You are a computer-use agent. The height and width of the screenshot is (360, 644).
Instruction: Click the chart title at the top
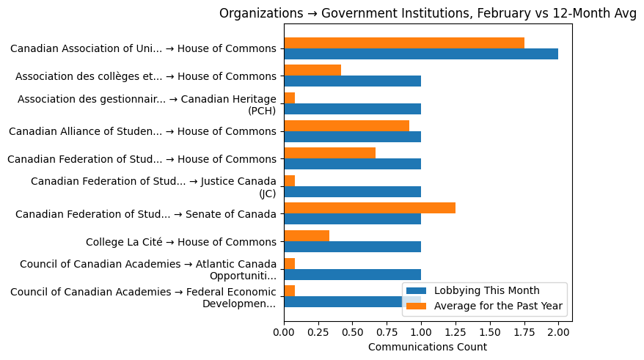(x=428, y=13)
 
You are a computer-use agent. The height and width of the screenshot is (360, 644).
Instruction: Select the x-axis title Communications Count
(x=427, y=347)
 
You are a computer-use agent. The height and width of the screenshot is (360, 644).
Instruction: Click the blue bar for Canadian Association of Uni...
(x=420, y=54)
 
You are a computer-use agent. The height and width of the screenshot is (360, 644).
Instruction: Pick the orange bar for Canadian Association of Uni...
(x=403, y=43)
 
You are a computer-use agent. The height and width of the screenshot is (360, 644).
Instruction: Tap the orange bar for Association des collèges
(x=312, y=70)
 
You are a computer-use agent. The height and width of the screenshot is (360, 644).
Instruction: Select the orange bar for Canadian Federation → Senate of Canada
(x=369, y=208)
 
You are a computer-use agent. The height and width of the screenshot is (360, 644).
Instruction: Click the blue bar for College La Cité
(x=352, y=247)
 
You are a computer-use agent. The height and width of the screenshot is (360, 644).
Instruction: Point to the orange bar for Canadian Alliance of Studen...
(x=346, y=125)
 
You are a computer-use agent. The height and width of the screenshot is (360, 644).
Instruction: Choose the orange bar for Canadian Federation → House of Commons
(x=329, y=153)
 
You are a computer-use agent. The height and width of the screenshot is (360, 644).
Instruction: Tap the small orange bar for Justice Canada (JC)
(x=289, y=180)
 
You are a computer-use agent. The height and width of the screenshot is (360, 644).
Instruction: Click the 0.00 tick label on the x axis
(x=284, y=331)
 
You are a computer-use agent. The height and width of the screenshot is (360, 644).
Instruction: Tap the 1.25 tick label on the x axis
(x=455, y=331)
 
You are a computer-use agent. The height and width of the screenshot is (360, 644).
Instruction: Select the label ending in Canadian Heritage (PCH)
(x=147, y=104)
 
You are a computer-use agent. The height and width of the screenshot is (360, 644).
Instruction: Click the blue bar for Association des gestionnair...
(x=352, y=109)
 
